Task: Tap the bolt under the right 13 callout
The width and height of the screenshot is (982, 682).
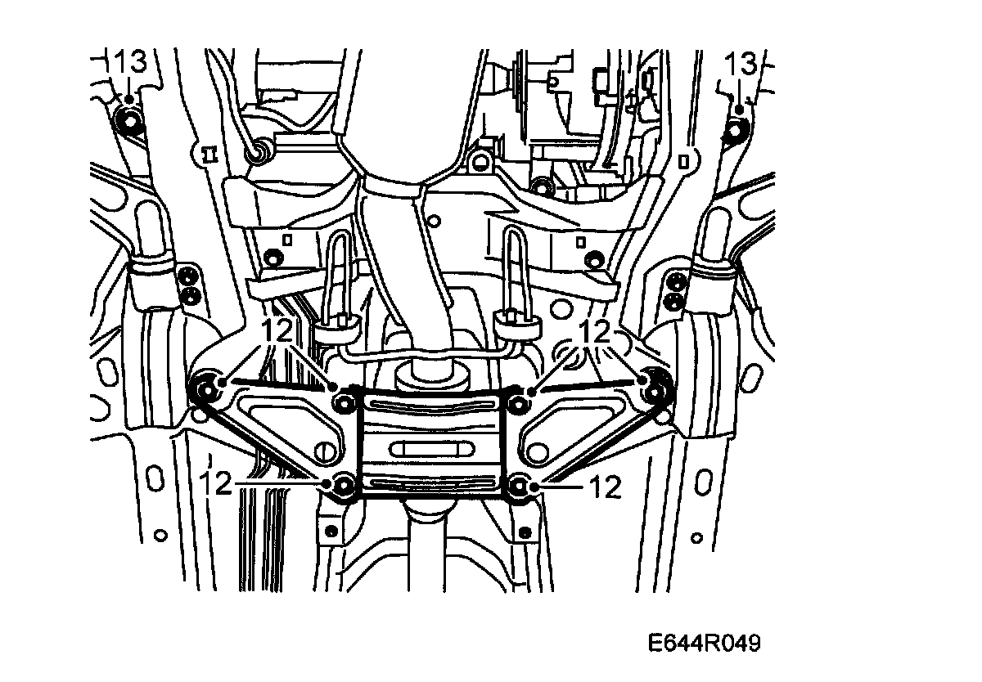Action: click(736, 128)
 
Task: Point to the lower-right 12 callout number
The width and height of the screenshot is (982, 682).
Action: click(605, 488)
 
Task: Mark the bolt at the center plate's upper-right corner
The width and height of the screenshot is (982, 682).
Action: click(517, 402)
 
